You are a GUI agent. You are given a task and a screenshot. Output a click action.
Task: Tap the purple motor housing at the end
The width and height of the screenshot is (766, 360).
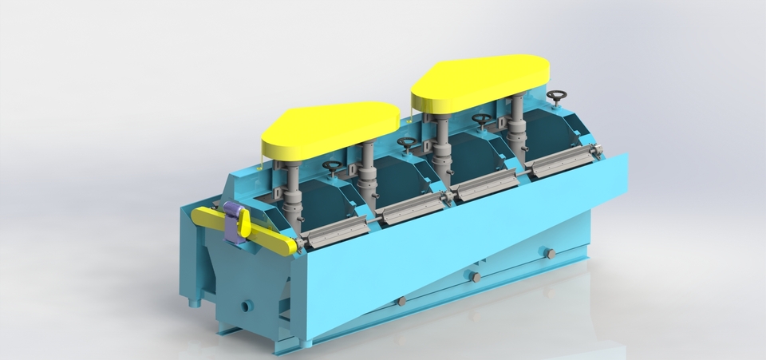pyautogui.click(x=235, y=220)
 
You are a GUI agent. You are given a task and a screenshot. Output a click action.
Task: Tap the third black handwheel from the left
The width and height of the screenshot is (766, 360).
pyautogui.click(x=481, y=119)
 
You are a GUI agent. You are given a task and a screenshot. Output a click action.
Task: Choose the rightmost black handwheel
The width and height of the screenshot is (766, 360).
pyautogui.click(x=556, y=97)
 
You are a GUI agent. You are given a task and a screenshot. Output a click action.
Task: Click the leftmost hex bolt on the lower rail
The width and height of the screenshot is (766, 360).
pyautogui.click(x=401, y=301)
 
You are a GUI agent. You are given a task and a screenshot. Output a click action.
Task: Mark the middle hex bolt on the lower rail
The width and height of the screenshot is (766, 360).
pyautogui.click(x=474, y=277)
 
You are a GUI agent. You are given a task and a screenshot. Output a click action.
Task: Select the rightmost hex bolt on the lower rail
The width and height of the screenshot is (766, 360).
pyautogui.click(x=549, y=253)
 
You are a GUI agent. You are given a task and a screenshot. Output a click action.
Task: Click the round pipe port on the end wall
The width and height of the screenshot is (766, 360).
pyautogui.click(x=246, y=305)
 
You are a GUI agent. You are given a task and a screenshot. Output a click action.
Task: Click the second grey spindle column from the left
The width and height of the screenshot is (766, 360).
pyautogui.click(x=368, y=168)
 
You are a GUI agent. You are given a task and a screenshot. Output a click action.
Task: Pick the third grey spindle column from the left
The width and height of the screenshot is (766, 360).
pyautogui.click(x=444, y=144)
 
